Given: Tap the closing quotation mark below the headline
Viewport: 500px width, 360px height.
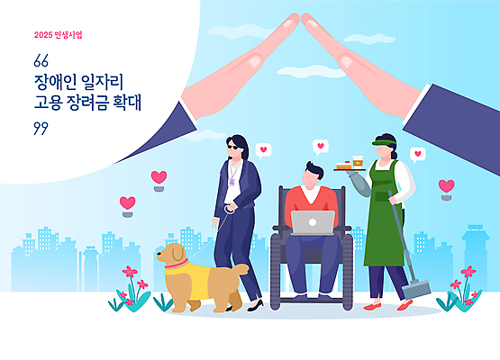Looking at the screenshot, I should (x=39, y=127).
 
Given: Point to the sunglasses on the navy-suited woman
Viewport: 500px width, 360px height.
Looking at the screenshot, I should (x=237, y=144).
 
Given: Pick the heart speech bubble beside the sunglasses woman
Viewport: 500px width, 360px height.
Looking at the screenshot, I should (x=263, y=149).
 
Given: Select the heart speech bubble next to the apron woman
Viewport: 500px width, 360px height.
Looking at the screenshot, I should (x=417, y=154).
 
